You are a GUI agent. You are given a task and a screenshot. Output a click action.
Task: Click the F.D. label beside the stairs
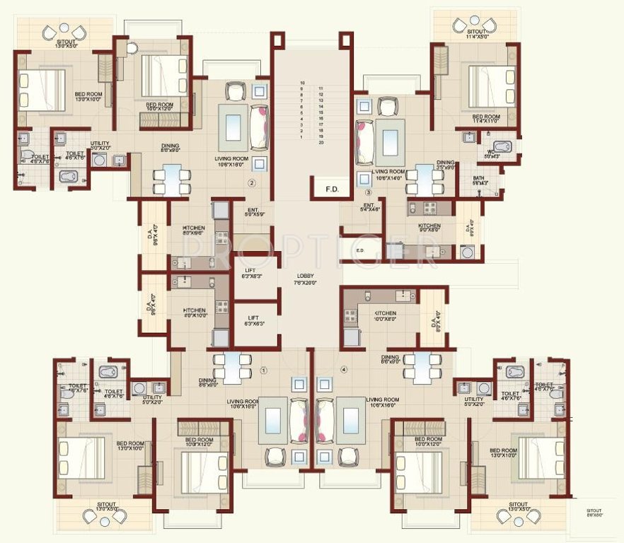(331, 189)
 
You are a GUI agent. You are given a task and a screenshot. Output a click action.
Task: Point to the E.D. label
(359, 250)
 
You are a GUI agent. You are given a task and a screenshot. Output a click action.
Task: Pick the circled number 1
(264, 369)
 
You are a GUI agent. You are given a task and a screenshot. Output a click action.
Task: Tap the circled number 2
(250, 183)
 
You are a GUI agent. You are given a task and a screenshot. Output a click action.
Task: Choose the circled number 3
(368, 192)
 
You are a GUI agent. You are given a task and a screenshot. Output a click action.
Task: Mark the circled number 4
(345, 369)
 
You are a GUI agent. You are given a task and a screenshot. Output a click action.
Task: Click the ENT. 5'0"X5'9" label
(253, 211)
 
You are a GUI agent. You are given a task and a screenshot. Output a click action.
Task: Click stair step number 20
(321, 143)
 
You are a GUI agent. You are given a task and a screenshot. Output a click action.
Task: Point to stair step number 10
(302, 83)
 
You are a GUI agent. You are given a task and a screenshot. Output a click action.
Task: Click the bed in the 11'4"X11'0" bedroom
(491, 86)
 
